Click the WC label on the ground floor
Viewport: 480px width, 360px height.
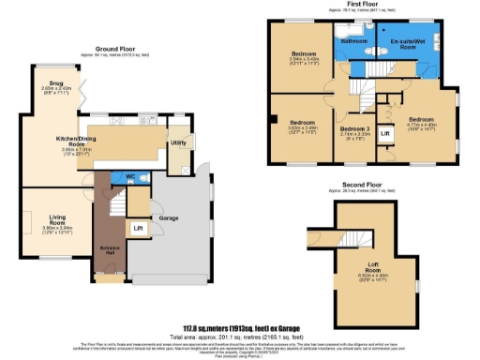coord(128,176)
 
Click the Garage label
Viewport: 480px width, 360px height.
coord(169,217)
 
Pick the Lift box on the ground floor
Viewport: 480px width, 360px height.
coord(138,228)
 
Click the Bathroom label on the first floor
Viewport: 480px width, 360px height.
coord(353,42)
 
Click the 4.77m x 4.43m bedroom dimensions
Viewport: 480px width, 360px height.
coord(420,127)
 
